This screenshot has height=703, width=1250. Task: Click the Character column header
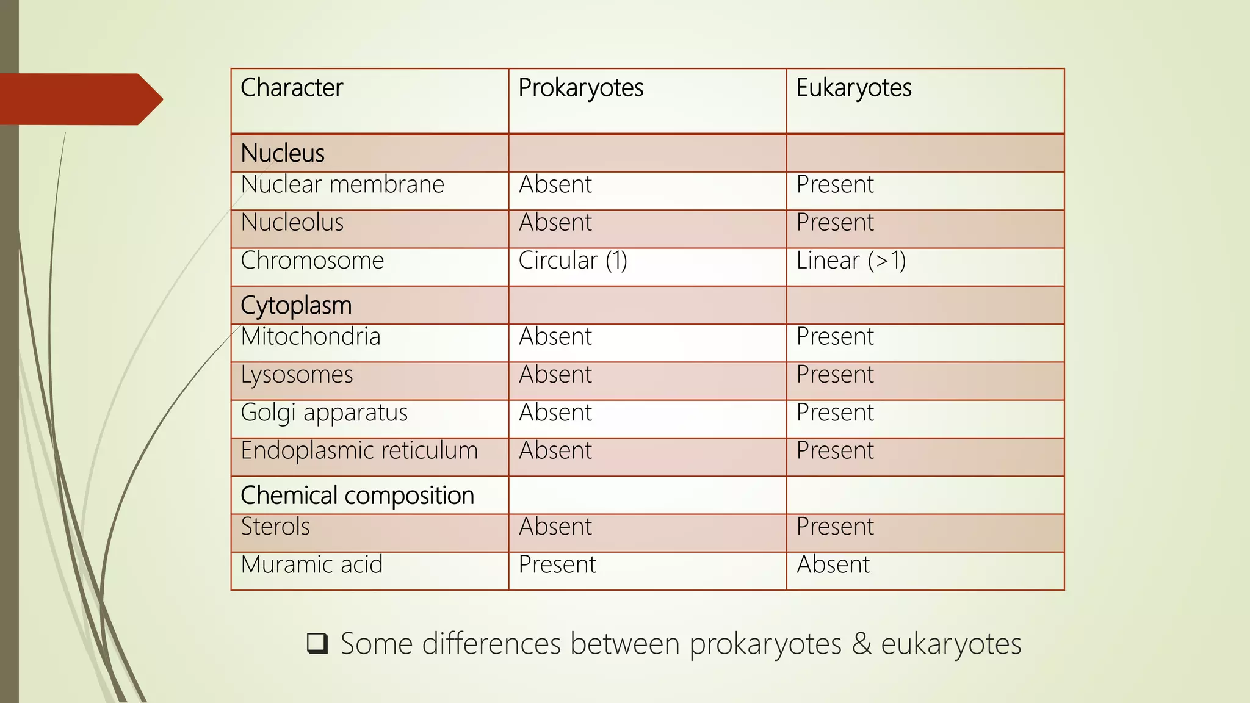[292, 88]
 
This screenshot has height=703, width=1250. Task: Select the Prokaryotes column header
[580, 88]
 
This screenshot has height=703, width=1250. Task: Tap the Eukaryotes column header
[853, 88]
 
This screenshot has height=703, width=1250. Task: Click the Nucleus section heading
[283, 153]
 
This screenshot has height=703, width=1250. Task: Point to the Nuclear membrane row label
[342, 184]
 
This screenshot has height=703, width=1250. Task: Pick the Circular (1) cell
[573, 261]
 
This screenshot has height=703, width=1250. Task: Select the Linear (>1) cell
[851, 261]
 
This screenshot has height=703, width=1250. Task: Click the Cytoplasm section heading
[296, 305]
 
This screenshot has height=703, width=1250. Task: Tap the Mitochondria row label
[311, 336]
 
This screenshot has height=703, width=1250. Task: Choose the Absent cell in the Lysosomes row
[555, 374]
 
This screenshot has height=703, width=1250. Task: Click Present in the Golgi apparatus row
[835, 413]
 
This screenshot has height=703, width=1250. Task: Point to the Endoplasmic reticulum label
[359, 450]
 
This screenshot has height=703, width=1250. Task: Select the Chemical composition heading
[357, 495]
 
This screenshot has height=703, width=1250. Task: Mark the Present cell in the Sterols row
[835, 527]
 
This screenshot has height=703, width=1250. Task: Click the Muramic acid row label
[311, 564]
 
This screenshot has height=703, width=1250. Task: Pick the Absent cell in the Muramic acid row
[833, 564]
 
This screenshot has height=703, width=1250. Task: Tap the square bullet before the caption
[317, 643]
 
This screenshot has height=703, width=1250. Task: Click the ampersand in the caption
[861, 644]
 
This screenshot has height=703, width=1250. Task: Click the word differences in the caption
[491, 644]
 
